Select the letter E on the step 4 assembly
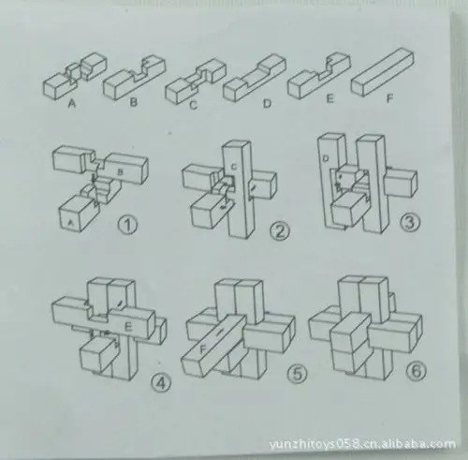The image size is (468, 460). (127, 325)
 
